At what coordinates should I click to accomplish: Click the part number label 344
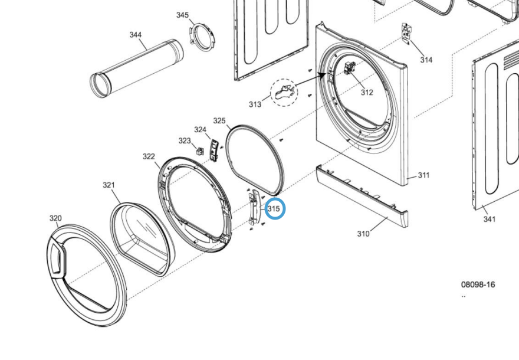pos(136,35)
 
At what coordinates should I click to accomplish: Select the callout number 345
pos(183,15)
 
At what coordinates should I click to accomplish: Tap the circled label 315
pos(274,209)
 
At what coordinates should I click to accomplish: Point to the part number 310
pos(363,234)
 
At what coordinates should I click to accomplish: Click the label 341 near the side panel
pos(490,220)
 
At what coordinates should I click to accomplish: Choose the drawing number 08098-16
pos(478,284)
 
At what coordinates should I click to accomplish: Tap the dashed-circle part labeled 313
pos(286,93)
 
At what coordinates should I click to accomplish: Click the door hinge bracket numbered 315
pos(255,208)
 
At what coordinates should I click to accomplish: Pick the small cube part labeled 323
pos(200,151)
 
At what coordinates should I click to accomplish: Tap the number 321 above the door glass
pos(109,185)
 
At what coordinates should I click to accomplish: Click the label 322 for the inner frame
pos(149,156)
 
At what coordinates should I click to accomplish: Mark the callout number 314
pos(426,60)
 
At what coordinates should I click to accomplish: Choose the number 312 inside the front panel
pos(367,92)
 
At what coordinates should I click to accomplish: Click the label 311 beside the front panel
pos(423,175)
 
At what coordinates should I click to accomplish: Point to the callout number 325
pos(219,121)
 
